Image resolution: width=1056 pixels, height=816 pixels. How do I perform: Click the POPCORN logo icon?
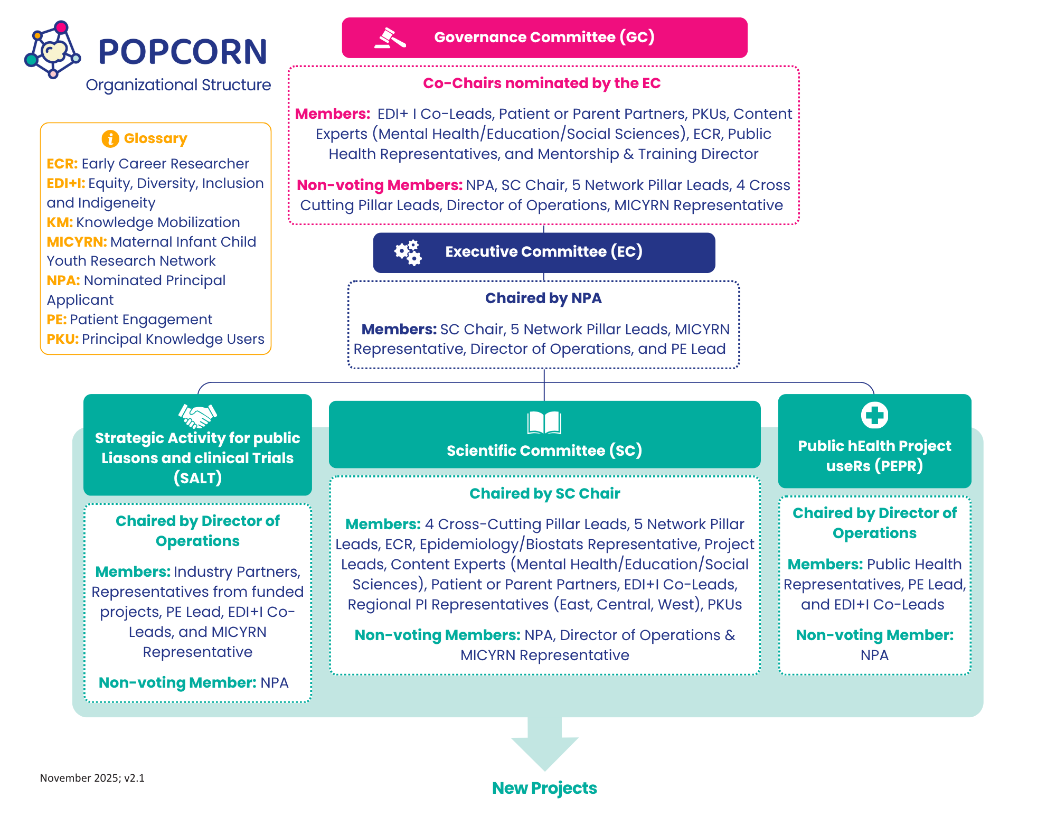click(x=52, y=50)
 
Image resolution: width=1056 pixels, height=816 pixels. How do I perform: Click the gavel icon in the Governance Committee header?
click(x=390, y=38)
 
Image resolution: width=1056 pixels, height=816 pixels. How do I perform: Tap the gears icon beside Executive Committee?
click(x=408, y=252)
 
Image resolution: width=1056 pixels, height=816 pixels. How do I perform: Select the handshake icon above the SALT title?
click(x=197, y=416)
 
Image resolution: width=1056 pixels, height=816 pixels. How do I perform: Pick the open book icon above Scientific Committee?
click(x=544, y=423)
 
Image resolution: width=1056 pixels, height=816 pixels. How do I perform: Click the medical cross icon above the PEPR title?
click(x=874, y=415)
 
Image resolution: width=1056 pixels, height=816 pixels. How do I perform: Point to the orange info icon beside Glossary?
click(x=110, y=138)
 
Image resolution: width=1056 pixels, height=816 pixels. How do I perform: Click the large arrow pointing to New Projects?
click(x=544, y=745)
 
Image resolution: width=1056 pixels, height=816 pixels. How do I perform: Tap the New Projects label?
click(x=544, y=788)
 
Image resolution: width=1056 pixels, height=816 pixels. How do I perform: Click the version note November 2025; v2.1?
click(x=92, y=778)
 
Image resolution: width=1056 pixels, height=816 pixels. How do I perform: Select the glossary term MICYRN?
click(x=77, y=242)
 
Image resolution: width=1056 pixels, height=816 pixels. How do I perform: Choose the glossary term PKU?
click(x=62, y=339)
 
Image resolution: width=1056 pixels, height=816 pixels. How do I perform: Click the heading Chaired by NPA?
click(x=543, y=298)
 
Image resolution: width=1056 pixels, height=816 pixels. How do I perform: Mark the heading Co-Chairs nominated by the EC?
click(x=542, y=83)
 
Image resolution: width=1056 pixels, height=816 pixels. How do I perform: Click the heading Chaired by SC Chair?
click(x=544, y=493)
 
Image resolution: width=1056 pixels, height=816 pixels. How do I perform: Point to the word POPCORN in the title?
click(x=183, y=52)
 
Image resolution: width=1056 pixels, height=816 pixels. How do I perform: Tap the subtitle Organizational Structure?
click(x=178, y=85)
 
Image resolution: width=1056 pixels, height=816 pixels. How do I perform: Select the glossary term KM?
click(x=60, y=222)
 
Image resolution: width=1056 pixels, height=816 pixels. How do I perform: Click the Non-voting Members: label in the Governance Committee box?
click(x=380, y=185)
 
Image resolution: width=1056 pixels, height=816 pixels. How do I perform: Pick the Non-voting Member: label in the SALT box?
click(x=177, y=683)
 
